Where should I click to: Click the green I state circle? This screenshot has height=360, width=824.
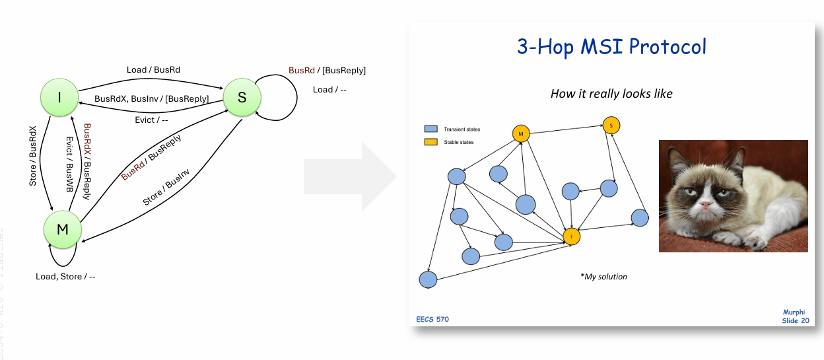(x=59, y=97)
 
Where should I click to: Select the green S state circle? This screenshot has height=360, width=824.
(x=241, y=97)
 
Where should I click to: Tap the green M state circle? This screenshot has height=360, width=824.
(x=63, y=229)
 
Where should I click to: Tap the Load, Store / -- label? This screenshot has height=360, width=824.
(x=65, y=276)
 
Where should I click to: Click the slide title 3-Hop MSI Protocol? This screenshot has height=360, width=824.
(x=611, y=47)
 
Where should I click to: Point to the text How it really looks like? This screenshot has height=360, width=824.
(x=611, y=94)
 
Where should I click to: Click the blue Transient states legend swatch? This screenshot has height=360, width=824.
(x=431, y=129)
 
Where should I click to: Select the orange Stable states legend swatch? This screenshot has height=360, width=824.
(x=431, y=141)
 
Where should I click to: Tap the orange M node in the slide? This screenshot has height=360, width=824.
(x=521, y=133)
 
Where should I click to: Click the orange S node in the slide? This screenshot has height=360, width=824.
(x=611, y=125)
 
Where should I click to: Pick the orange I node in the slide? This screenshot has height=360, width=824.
(x=571, y=236)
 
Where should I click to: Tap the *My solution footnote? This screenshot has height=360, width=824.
(x=603, y=276)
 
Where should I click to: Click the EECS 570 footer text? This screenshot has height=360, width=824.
(x=432, y=320)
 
